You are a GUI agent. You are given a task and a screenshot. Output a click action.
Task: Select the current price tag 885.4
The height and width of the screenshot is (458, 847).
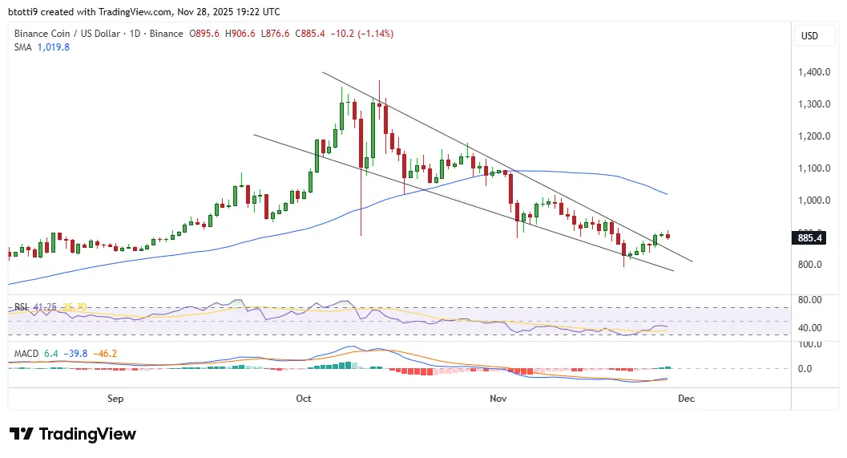click(809, 237)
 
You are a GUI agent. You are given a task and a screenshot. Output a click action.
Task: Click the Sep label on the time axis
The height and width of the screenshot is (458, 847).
click(115, 398)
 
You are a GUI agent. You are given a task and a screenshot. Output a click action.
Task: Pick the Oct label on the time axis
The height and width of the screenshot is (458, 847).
click(303, 398)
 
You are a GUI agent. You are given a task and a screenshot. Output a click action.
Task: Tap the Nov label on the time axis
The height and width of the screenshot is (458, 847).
click(498, 398)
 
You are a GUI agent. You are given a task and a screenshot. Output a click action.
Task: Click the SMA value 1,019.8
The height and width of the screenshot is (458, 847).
click(54, 47)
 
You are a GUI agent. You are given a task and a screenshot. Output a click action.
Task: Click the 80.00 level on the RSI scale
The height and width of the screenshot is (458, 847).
click(810, 300)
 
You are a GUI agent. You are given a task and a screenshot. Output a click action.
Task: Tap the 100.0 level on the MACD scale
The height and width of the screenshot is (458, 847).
click(810, 344)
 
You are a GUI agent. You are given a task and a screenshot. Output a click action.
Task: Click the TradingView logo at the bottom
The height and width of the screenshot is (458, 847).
click(73, 434)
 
